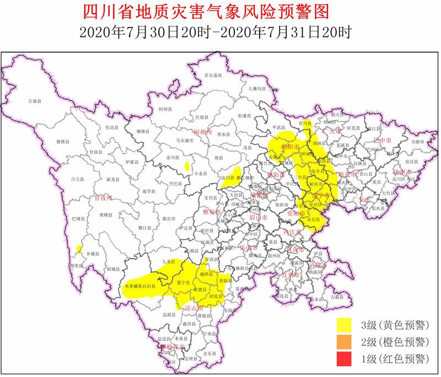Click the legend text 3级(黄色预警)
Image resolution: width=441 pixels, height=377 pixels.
pos(395,324)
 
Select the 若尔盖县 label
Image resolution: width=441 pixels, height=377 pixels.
pos(213,75)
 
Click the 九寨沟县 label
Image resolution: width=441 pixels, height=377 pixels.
pos(257,88)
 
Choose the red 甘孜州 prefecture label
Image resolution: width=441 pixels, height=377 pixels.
pos(103,197)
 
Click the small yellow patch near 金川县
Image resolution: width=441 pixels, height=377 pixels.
pos(187,164)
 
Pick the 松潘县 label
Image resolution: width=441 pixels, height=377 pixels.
pos(244,116)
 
